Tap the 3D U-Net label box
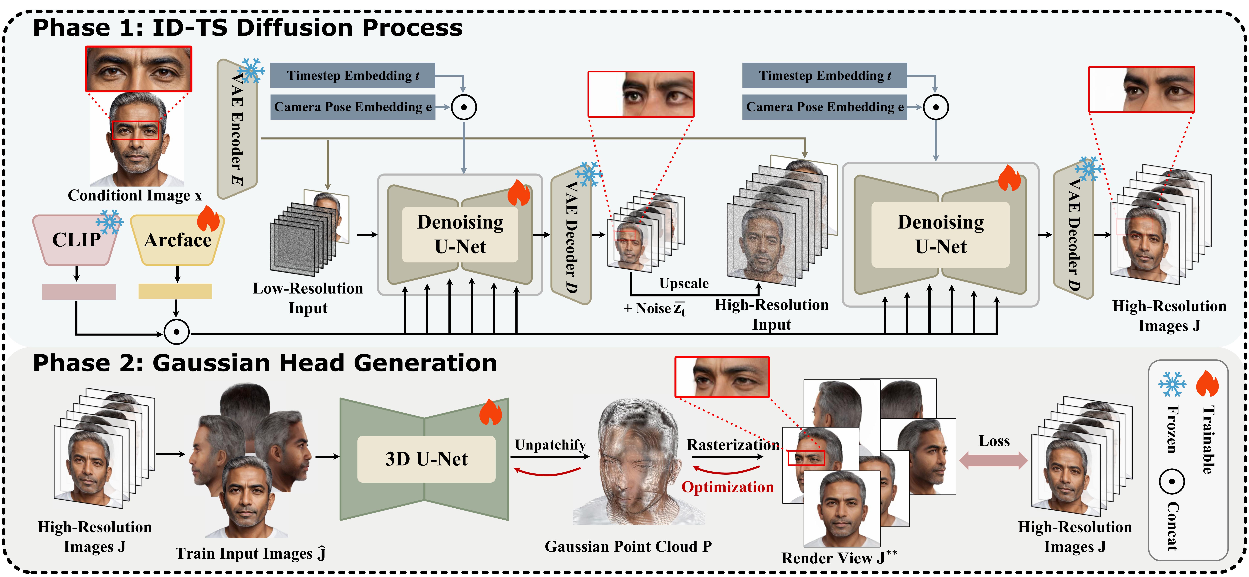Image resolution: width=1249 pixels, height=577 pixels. pyautogui.click(x=426, y=459)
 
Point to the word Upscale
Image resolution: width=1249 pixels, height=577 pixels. pyautogui.click(x=684, y=283)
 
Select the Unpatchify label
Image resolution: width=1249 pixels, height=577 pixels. pyautogui.click(x=550, y=445)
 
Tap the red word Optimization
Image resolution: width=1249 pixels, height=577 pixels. pyautogui.click(x=727, y=487)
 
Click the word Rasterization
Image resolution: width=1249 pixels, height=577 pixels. pyautogui.click(x=733, y=445)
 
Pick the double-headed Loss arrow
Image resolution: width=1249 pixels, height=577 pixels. pyautogui.click(x=993, y=460)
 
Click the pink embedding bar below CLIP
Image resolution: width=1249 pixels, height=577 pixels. pyautogui.click(x=79, y=292)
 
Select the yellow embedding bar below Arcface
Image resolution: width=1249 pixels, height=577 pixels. pyautogui.click(x=175, y=291)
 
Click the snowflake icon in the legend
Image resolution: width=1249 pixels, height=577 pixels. pyautogui.click(x=1172, y=384)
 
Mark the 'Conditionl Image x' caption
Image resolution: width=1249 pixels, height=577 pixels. pyautogui.click(x=135, y=195)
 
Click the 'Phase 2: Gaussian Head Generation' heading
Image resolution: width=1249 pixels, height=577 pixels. pyautogui.click(x=265, y=363)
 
